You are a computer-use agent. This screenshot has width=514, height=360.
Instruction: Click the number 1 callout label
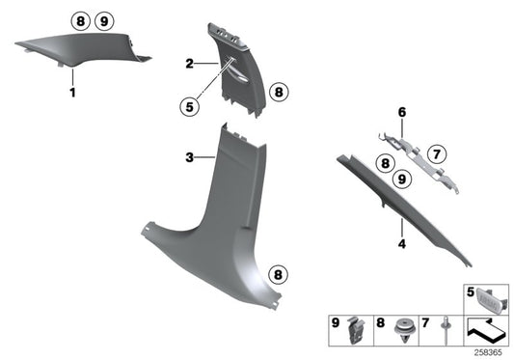tap(71, 94)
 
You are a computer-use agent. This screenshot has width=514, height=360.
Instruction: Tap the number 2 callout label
tap(191, 63)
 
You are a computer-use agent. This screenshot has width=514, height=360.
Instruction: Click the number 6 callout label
tap(402, 113)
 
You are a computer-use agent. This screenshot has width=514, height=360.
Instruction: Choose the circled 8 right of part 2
tap(278, 93)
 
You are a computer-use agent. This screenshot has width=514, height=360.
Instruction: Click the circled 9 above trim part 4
tap(401, 177)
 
